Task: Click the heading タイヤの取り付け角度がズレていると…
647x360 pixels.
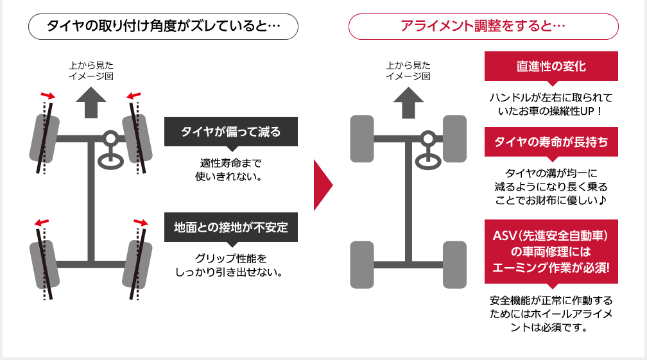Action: [x=164, y=27]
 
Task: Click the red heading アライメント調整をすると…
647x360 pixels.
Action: [x=483, y=27]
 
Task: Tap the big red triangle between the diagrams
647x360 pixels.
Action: [x=322, y=185]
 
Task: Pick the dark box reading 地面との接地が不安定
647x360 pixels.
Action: [x=230, y=227]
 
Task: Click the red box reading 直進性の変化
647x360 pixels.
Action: [x=551, y=66]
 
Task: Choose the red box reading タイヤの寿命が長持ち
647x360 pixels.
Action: [x=551, y=142]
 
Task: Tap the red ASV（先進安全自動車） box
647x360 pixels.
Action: [x=551, y=252]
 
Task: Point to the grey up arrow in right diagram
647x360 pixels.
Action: [x=408, y=102]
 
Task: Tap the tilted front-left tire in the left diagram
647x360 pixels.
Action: [x=44, y=139]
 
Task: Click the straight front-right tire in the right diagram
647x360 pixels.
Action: [x=454, y=138]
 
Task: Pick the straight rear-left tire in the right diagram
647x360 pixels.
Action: [x=361, y=264]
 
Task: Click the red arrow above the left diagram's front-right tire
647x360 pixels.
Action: [x=134, y=96]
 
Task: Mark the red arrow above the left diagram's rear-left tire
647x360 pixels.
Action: [x=41, y=223]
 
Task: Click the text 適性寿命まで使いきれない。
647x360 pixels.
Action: [x=230, y=168]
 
